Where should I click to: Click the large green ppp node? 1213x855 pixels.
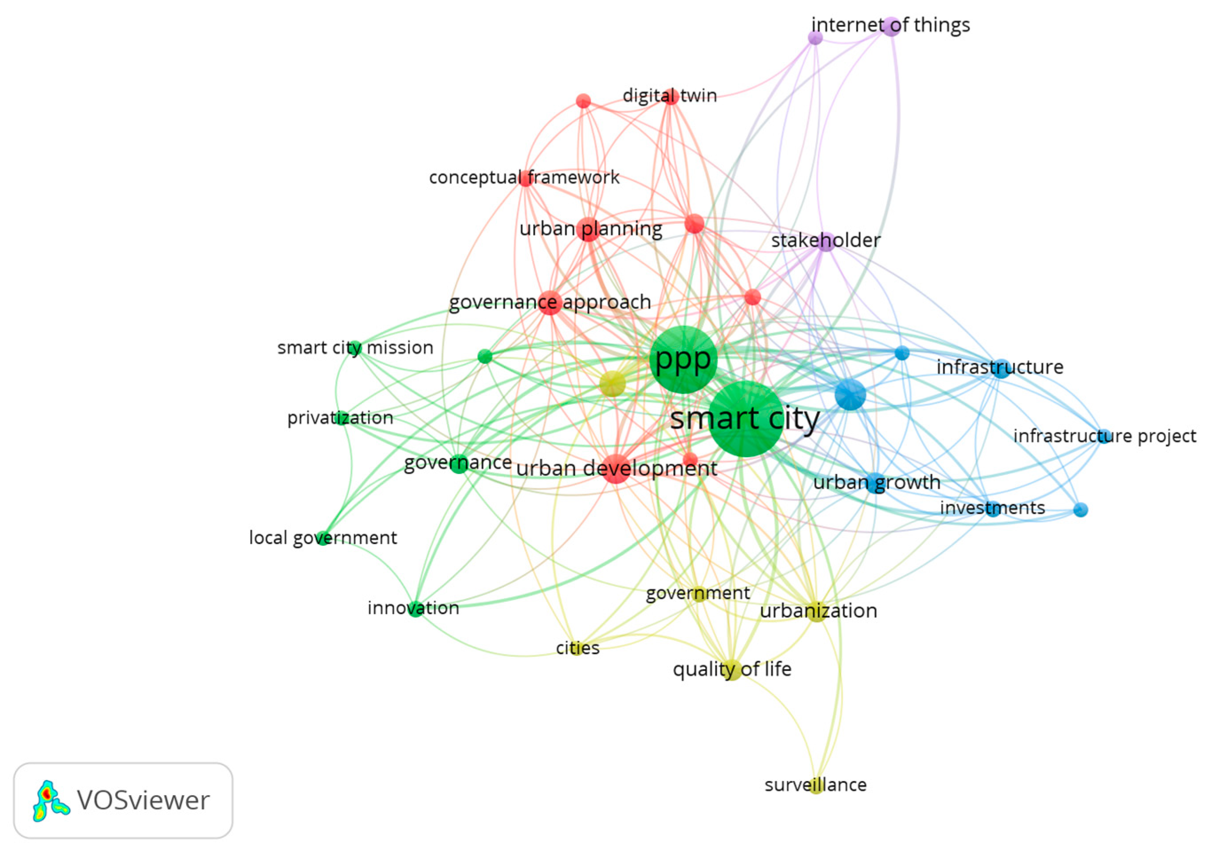(x=683, y=360)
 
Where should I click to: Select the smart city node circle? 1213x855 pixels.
(x=746, y=419)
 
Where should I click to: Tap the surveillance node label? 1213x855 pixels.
(x=815, y=785)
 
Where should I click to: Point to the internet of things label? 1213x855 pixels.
(x=890, y=25)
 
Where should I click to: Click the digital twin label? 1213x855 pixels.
(x=669, y=96)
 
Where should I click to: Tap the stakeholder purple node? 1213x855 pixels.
(x=825, y=241)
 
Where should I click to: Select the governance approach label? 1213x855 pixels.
(x=550, y=302)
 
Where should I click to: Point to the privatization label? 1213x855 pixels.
(x=340, y=418)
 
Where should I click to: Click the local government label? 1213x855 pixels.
(x=323, y=537)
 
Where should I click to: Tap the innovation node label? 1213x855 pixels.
(x=413, y=608)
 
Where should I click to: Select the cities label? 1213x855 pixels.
(x=577, y=647)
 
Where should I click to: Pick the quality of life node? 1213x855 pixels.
(x=732, y=670)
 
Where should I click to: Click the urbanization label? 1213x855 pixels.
(x=818, y=611)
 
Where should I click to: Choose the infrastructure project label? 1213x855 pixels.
(x=1104, y=436)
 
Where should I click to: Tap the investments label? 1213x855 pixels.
(x=992, y=508)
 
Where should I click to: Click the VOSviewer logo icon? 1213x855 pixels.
(x=50, y=800)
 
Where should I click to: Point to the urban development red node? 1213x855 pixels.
(x=616, y=468)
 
